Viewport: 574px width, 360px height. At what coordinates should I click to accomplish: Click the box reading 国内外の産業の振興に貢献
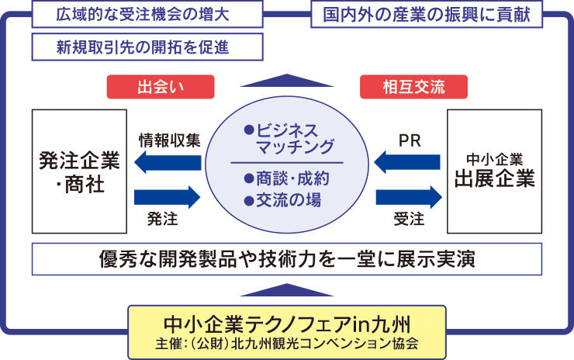427,14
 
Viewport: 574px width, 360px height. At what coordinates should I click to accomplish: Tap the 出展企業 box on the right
495,171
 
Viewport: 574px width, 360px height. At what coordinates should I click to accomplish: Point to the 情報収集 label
169,140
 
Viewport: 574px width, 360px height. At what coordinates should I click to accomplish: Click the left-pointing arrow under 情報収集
168,163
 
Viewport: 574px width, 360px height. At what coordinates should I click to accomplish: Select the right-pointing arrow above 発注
168,196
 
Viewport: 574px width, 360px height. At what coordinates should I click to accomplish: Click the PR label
409,140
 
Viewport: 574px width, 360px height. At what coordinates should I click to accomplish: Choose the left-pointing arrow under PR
408,163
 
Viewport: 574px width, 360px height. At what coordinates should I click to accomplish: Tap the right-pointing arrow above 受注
408,196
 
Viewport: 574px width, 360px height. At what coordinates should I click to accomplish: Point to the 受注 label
409,220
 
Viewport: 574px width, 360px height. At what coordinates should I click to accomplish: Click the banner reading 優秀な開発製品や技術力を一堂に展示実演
287,258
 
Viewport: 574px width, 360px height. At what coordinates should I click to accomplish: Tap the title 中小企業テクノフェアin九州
287,321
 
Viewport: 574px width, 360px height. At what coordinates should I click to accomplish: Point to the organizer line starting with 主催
287,342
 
